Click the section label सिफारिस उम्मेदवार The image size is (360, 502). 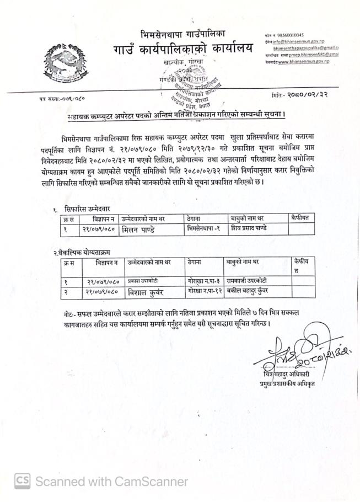point(87,210)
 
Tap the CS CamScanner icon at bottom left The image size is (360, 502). point(22,481)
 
